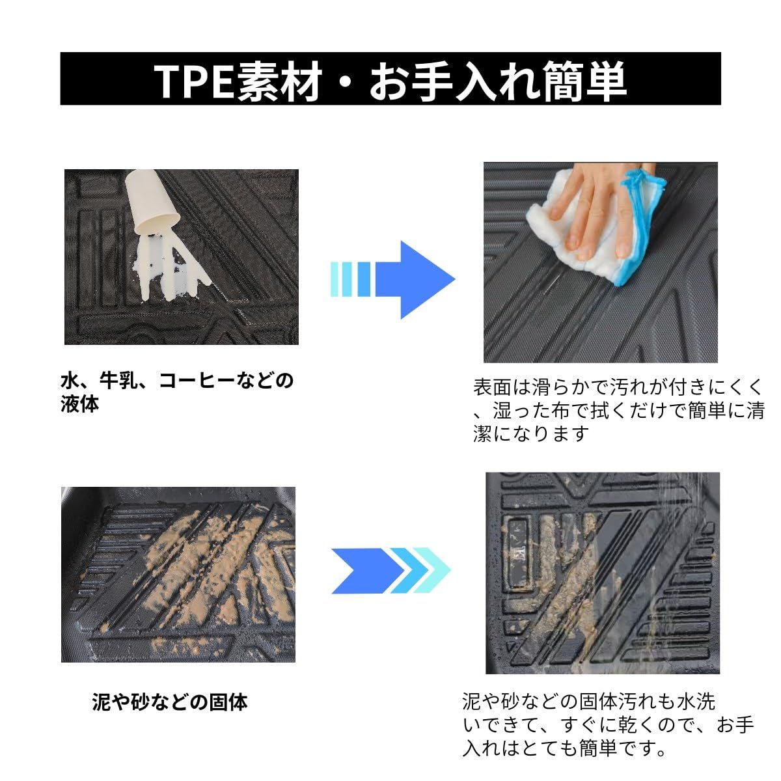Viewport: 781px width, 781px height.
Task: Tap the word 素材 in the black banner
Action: click(278, 80)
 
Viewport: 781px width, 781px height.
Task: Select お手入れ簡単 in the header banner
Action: click(498, 80)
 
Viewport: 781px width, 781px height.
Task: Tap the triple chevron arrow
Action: click(390, 570)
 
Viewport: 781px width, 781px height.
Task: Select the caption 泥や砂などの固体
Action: click(170, 702)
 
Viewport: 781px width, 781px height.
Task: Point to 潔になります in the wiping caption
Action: click(531, 433)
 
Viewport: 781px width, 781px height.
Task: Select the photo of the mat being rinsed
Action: click(602, 573)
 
